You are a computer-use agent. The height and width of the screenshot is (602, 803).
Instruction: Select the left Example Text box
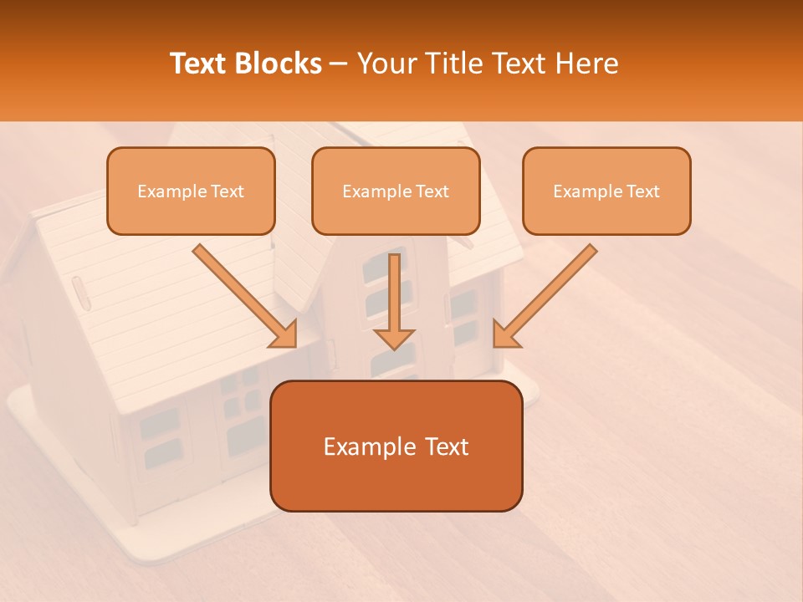[x=191, y=191]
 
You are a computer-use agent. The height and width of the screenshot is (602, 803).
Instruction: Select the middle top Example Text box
[x=396, y=191]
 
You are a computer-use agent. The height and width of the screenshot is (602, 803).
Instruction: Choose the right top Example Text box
[x=606, y=191]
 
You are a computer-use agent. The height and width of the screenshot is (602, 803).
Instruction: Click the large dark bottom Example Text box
[x=396, y=446]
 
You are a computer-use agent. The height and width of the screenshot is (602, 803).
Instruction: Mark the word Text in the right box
[x=643, y=191]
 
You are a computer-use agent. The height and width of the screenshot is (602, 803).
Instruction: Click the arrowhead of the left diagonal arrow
[x=284, y=334]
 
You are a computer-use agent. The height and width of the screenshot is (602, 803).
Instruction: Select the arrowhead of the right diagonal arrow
[x=505, y=334]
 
